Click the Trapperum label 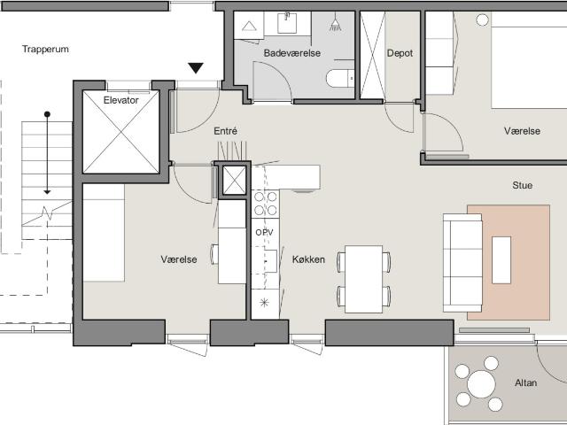click(x=45, y=50)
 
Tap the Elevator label click(x=120, y=100)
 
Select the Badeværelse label click(x=292, y=53)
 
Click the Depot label click(x=400, y=53)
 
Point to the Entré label click(x=225, y=131)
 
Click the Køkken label click(x=308, y=259)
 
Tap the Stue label click(x=522, y=185)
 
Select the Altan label click(x=525, y=382)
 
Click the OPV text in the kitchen click(x=264, y=232)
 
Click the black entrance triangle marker click(x=196, y=68)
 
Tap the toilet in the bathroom click(x=340, y=79)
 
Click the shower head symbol click(x=335, y=23)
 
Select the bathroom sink click(x=287, y=23)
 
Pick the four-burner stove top click(x=265, y=204)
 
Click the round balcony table click(x=481, y=383)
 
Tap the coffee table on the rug click(x=501, y=259)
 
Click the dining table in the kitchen click(x=363, y=279)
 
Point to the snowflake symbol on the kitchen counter click(x=265, y=303)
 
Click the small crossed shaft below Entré click(x=234, y=181)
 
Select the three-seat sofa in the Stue click(x=462, y=263)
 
